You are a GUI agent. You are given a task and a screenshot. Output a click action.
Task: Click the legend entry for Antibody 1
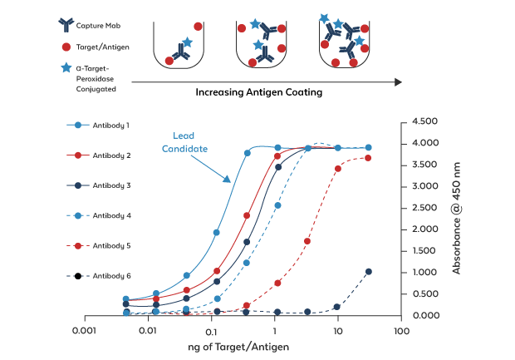[x=110, y=125]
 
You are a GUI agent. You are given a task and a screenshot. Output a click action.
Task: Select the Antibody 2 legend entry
[x=110, y=155]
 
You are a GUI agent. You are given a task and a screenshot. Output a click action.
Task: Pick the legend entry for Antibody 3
[x=110, y=185]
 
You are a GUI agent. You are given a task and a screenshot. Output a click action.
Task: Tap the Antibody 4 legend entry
[x=110, y=215]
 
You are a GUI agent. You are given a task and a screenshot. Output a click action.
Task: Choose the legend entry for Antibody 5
[x=110, y=245]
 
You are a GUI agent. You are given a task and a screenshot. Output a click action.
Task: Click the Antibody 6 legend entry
[x=110, y=275]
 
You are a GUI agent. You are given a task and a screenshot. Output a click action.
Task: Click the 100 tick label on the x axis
[x=401, y=331]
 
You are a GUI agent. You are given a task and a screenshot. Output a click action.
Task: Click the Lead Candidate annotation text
[x=189, y=142]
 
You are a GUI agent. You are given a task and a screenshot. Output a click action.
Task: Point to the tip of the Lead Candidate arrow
[x=230, y=180]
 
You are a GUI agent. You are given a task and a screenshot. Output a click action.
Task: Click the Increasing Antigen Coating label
[x=258, y=92]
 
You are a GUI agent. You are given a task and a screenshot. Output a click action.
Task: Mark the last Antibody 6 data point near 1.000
[x=369, y=272]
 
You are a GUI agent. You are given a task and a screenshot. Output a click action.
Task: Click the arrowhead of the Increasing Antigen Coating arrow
[x=398, y=81]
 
